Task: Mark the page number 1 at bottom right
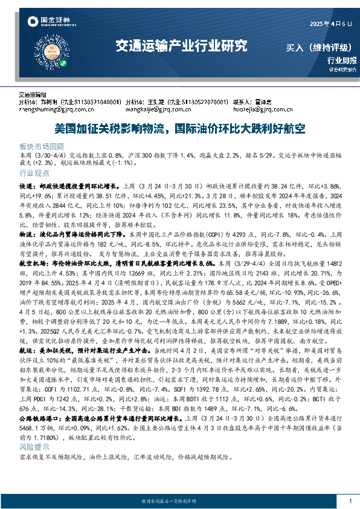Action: coord(350,501)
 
